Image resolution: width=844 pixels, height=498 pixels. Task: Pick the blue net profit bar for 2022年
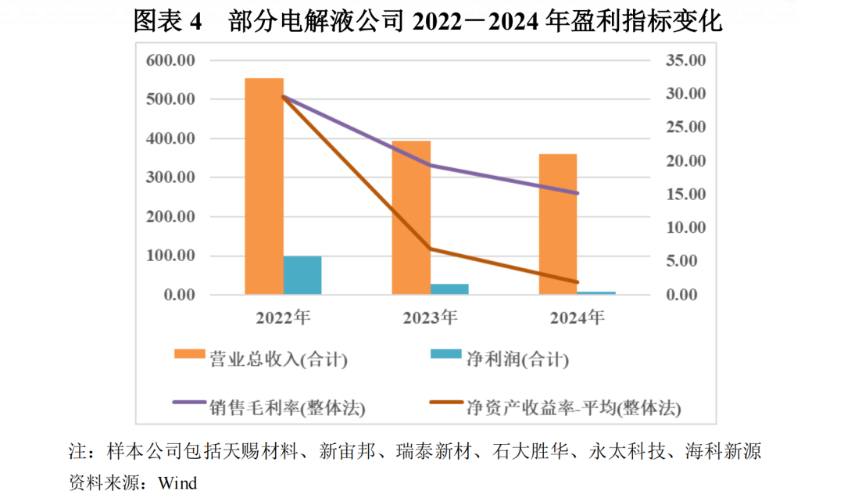click(x=302, y=275)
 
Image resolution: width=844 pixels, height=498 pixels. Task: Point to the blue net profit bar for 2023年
click(x=449, y=288)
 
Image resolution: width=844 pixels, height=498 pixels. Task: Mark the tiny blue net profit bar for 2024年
click(x=596, y=292)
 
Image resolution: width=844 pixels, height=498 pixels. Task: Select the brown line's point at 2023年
click(x=431, y=249)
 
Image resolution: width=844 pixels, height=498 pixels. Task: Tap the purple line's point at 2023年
click(x=431, y=165)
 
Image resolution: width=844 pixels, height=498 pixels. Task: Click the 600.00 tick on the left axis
click(x=171, y=61)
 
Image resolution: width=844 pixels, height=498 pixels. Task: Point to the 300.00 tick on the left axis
click(x=171, y=178)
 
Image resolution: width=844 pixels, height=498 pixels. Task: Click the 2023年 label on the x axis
click(x=430, y=317)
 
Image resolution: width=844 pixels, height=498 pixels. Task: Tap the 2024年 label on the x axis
click(x=577, y=317)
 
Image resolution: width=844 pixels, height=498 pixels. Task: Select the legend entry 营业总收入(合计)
click(x=277, y=360)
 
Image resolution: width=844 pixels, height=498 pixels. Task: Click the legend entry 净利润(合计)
click(x=517, y=360)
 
